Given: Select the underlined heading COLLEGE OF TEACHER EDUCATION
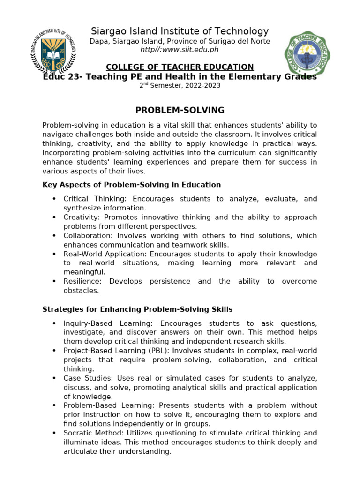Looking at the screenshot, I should coord(180,67).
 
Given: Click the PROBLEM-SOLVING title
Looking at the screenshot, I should coord(180,110).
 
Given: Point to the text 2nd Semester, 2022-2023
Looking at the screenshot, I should coord(180,86).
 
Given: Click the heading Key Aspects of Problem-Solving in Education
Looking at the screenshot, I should coord(131,185).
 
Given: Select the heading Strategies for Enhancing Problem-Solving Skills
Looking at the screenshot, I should coord(137,309).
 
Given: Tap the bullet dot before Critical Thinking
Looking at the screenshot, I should coord(54,199).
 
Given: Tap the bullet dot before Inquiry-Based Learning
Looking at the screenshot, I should coord(54,323).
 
